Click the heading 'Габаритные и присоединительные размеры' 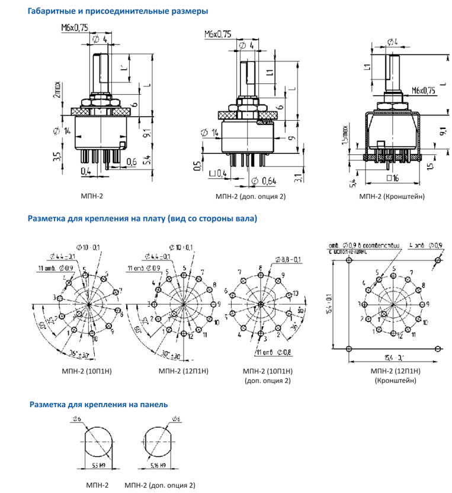pos(117,11)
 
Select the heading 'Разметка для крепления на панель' pos(98,405)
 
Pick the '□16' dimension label pos(391,178)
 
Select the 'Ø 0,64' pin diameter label pos(265,180)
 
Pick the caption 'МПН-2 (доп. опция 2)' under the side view pos(249,196)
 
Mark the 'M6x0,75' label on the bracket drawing pos(422,90)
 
